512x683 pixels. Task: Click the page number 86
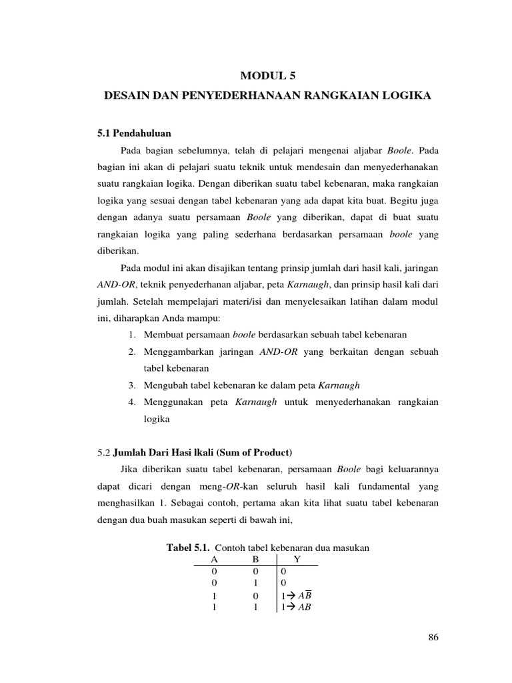pos(433,638)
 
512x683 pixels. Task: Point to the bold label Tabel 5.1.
pos(187,547)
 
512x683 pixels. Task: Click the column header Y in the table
pos(297,560)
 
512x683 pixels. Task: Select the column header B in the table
pos(255,560)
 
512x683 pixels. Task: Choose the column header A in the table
pos(213,560)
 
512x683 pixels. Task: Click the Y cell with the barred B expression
pos(295,595)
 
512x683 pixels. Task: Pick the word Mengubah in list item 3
pos(165,386)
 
